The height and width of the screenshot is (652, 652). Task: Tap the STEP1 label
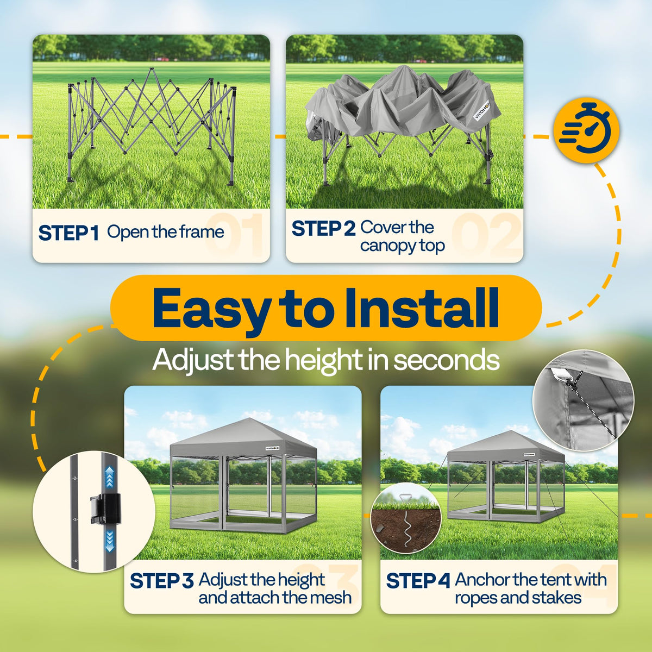click(68, 233)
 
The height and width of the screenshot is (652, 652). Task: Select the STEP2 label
click(323, 228)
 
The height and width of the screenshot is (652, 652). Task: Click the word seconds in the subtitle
click(446, 360)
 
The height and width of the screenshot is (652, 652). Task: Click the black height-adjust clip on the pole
click(105, 508)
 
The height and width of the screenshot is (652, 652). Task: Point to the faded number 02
click(486, 234)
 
